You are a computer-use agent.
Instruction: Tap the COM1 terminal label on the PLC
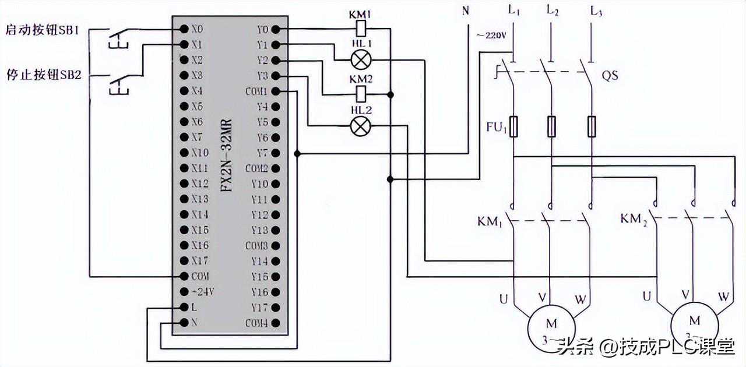pos(256,91)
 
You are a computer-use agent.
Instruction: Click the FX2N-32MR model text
pos(227,156)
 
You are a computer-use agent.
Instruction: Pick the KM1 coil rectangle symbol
pos(361,28)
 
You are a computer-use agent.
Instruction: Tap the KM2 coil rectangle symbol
pos(361,92)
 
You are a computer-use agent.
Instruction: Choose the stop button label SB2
pos(43,76)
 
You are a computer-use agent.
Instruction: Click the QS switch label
pos(610,76)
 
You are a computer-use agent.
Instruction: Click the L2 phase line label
pos(553,10)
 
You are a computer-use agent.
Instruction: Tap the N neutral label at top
pos(465,10)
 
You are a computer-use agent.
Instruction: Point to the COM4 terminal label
pos(256,323)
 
